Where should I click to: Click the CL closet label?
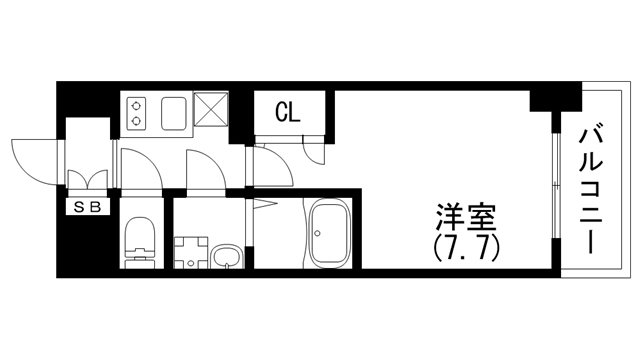[x=288, y=112]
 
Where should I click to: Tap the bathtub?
[x=327, y=233]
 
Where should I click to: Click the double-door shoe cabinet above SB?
[x=88, y=183]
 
